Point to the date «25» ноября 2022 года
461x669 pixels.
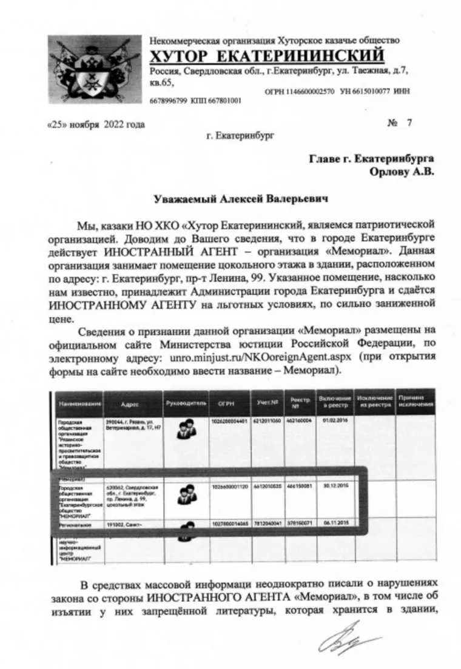point(96,124)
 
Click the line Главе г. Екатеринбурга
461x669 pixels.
point(372,158)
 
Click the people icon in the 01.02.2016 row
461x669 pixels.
point(184,430)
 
